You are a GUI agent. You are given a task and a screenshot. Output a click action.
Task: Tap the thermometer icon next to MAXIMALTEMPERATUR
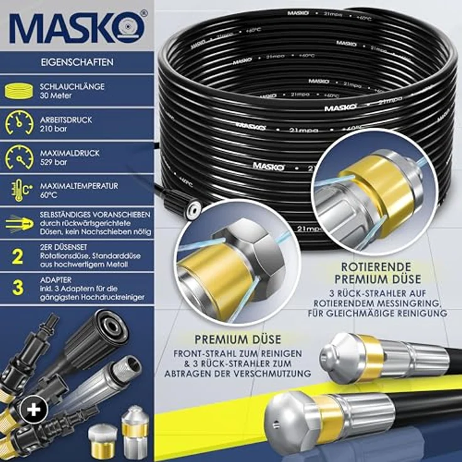coord(19,190)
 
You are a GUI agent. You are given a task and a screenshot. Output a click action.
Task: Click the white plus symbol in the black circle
coord(33,409)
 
